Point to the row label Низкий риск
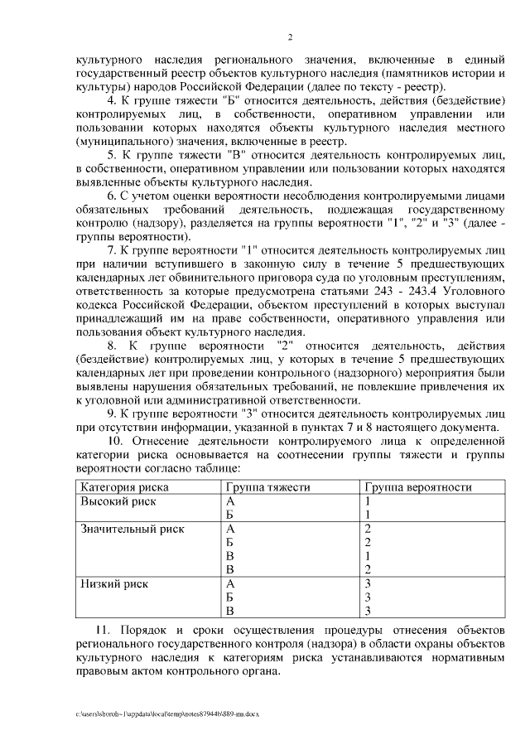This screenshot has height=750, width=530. coord(115,583)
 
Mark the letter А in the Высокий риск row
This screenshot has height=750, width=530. coord(230,501)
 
